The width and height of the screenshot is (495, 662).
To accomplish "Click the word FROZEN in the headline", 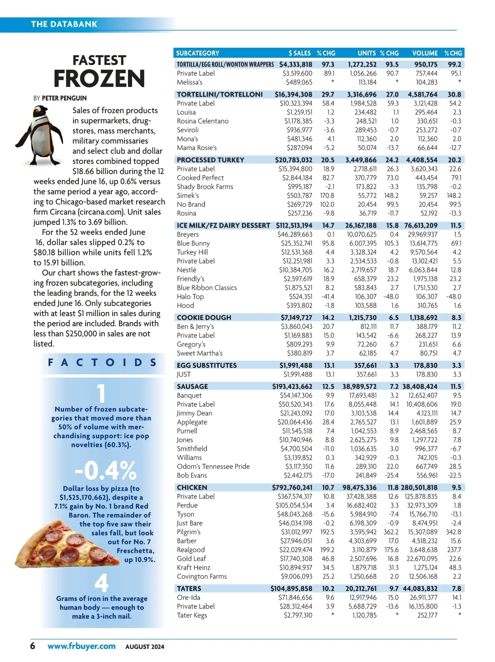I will pos(99,78).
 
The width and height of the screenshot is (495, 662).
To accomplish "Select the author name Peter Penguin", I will pos(64,98).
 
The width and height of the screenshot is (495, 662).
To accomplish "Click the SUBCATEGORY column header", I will pos(198,53).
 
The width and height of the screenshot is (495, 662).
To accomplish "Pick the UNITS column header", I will pos(366,53).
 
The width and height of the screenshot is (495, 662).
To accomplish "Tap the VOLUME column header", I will pos(424,53).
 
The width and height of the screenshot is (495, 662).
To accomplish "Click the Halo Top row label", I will pos(190,296).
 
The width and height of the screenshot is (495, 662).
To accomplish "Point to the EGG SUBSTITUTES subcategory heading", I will pos(207,365).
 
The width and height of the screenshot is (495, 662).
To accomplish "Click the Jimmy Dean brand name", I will pos(194,413).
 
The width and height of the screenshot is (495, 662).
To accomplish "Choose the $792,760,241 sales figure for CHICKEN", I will pos(292,487).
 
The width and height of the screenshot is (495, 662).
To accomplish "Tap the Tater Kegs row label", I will pos(192,615).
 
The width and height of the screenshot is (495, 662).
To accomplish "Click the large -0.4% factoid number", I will pos(105,470).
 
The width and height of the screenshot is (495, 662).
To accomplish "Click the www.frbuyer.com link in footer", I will pos(81,646).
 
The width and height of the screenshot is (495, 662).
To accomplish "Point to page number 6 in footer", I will pos(33,646).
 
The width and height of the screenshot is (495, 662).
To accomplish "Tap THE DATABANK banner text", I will pos(64,24).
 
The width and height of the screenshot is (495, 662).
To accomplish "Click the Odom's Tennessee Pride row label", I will pos(213,466).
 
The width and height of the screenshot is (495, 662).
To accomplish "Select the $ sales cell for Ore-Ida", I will pos(295,597).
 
